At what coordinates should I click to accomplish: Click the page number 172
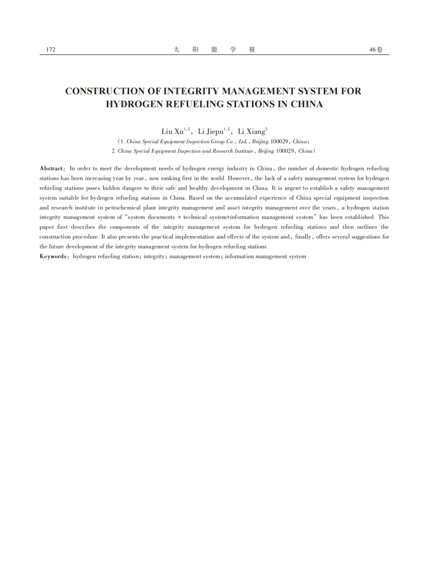click(50, 50)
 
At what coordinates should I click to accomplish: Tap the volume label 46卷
click(376, 50)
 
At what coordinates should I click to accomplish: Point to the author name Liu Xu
click(172, 131)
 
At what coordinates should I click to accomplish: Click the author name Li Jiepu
click(211, 131)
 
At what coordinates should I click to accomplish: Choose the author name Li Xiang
click(251, 131)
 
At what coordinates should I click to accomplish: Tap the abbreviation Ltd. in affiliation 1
click(243, 141)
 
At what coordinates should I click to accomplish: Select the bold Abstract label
click(52, 168)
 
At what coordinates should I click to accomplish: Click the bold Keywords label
click(54, 256)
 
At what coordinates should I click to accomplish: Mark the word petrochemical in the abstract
click(123, 207)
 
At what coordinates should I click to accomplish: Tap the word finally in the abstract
click(303, 237)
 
